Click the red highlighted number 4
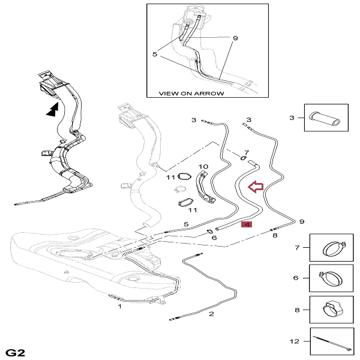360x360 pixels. pyautogui.click(x=247, y=224)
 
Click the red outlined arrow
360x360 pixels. pyautogui.click(x=256, y=187)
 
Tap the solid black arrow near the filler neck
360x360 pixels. pyautogui.click(x=53, y=109)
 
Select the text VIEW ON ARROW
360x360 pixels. pyautogui.click(x=191, y=94)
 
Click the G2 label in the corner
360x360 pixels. pyautogui.click(x=15, y=352)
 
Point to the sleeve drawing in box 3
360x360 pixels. pyautogui.click(x=325, y=118)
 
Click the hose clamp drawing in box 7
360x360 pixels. pyautogui.click(x=334, y=248)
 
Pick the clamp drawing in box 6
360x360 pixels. pyautogui.click(x=330, y=278)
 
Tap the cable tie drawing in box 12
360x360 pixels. pyautogui.click(x=332, y=343)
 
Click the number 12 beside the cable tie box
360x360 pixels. pyautogui.click(x=295, y=341)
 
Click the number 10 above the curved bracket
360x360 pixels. pyautogui.click(x=203, y=166)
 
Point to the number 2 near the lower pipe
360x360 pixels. pyautogui.click(x=211, y=314)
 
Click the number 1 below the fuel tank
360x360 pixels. pyautogui.click(x=119, y=306)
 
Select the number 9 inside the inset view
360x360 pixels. pyautogui.click(x=235, y=38)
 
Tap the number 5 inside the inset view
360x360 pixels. pyautogui.click(x=155, y=55)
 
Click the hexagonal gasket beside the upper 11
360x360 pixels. pyautogui.click(x=184, y=177)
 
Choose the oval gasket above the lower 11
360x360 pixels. pyautogui.click(x=185, y=203)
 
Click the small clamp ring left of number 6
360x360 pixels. pyautogui.click(x=209, y=232)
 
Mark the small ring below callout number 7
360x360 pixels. pyautogui.click(x=244, y=158)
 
